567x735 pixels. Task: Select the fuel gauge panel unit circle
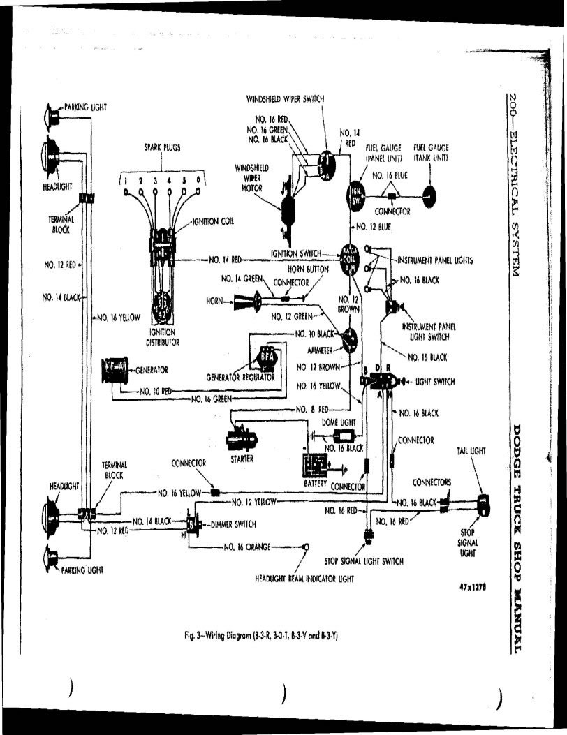click(x=355, y=194)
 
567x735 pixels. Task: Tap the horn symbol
click(x=244, y=302)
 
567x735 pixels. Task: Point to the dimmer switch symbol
click(x=193, y=524)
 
